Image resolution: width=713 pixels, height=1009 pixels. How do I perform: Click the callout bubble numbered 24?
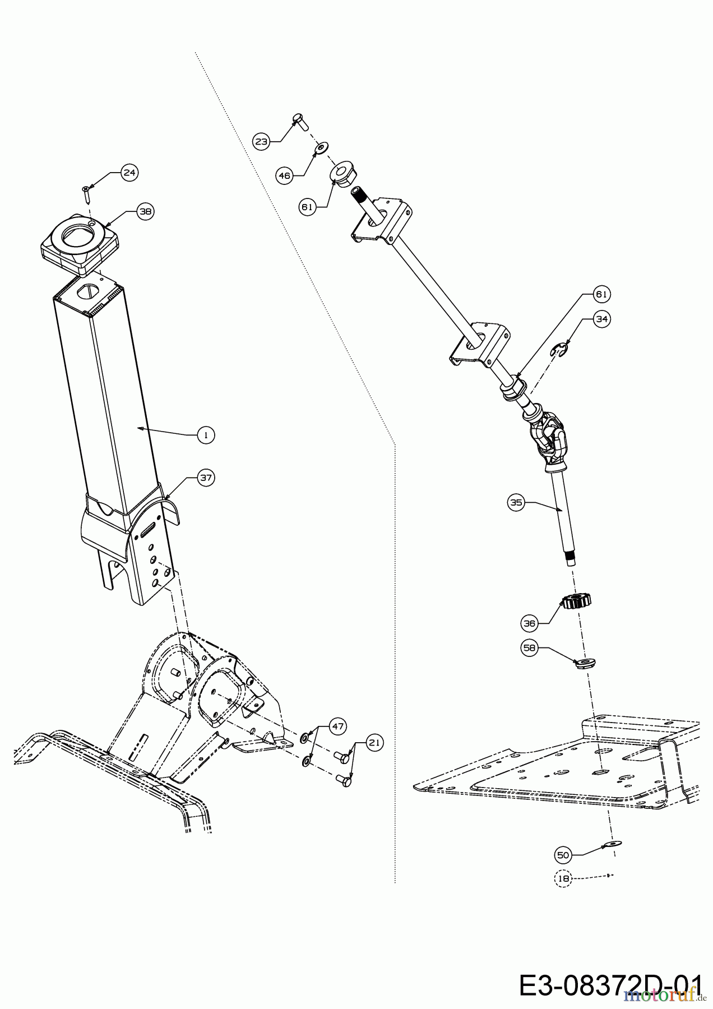tap(129, 173)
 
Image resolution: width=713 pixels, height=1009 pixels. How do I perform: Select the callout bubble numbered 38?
tap(145, 212)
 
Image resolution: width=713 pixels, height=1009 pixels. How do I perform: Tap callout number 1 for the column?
tap(206, 434)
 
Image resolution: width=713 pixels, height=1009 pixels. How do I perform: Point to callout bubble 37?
tap(206, 477)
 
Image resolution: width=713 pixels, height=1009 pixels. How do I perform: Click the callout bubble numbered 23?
tap(262, 142)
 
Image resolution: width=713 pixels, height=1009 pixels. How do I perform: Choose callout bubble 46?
tap(284, 176)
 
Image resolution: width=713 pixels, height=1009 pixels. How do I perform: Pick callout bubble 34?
tap(601, 319)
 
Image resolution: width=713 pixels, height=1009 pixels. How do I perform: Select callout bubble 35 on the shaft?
tap(516, 503)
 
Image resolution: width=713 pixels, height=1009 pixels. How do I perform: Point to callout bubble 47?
tap(337, 726)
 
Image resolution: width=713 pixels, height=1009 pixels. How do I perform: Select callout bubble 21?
tap(374, 743)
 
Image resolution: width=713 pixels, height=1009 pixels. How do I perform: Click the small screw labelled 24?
tap(86, 195)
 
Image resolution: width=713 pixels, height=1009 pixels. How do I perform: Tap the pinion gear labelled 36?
tap(577, 603)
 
